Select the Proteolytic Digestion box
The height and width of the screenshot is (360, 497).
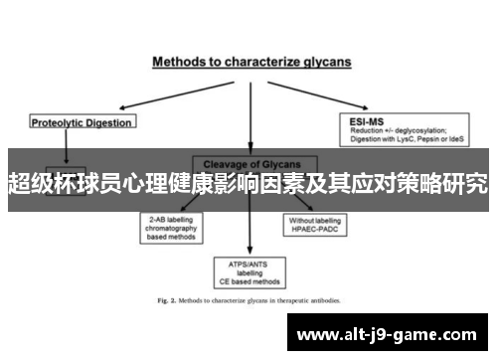[x=81, y=122]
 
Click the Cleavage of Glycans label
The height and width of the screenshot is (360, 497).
[x=251, y=163]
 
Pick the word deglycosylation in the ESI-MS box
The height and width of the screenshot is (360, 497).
[x=421, y=130]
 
